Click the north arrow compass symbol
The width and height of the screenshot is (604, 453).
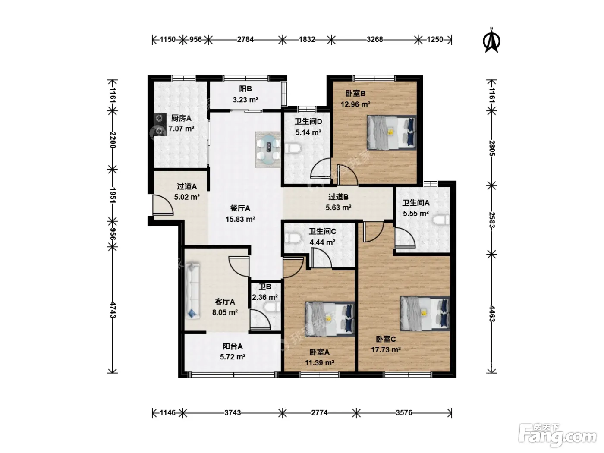point(491,41)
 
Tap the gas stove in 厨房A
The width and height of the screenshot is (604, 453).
point(160,125)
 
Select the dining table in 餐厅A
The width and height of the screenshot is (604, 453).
point(268,150)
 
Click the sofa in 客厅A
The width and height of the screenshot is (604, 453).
point(192,291)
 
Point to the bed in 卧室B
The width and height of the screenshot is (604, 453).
point(392,132)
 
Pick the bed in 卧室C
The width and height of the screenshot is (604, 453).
point(425,314)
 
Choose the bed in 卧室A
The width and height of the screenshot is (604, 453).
point(330,319)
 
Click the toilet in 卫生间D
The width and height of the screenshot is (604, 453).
point(293,148)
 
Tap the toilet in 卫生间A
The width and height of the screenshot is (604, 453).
point(441,220)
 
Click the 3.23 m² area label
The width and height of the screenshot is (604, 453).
point(245,100)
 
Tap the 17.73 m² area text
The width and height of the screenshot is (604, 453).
point(386,350)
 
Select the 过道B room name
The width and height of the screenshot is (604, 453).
point(339,197)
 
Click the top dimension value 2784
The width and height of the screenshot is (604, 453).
point(245,40)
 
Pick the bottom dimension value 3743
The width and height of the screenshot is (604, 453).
point(233,413)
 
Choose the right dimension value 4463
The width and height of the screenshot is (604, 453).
point(492,314)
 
